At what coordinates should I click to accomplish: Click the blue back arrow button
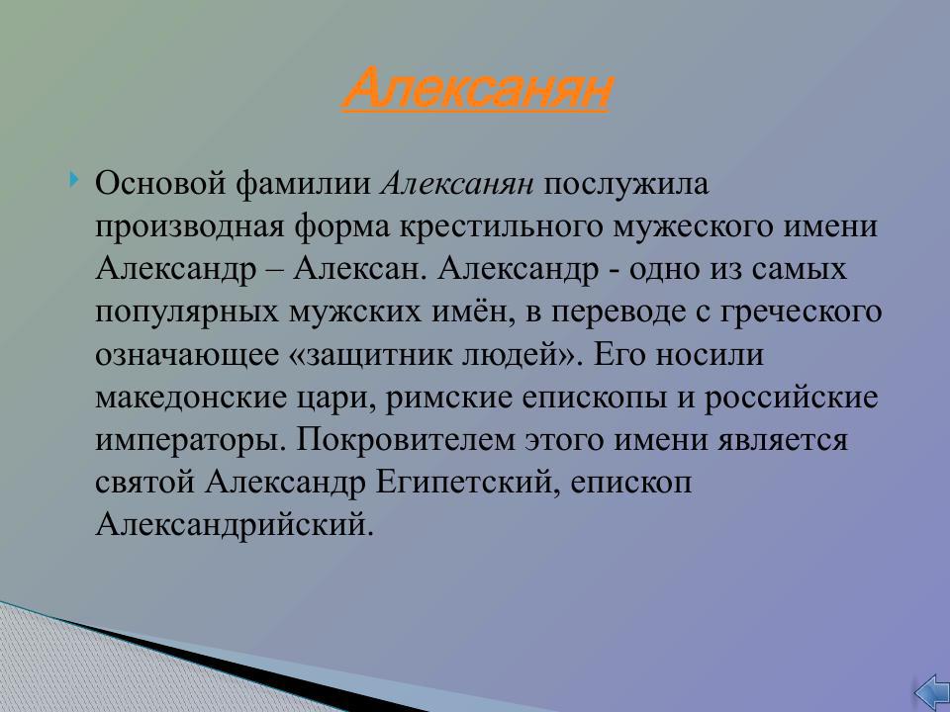pyautogui.click(x=930, y=691)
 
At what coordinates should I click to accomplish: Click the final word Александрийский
pyautogui.click(x=236, y=524)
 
